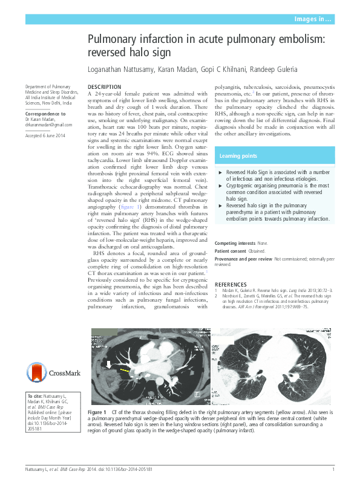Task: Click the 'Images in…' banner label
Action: tap(312, 20)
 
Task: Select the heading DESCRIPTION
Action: tap(105, 87)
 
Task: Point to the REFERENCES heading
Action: tap(235, 284)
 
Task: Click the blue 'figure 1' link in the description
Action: tap(131, 207)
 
